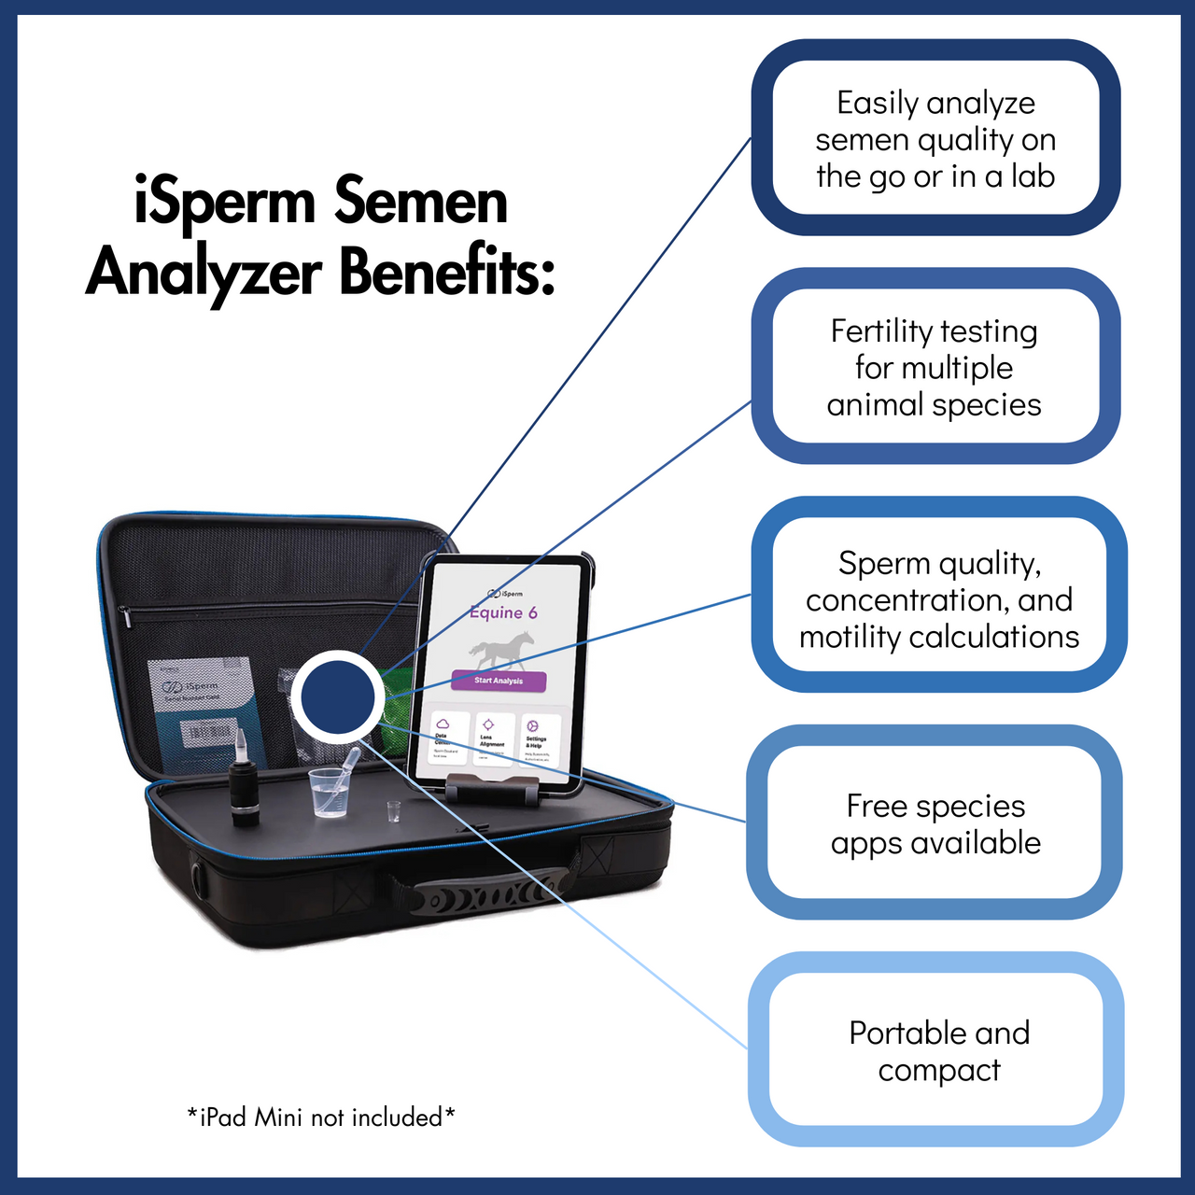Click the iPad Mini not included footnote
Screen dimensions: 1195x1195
[x=320, y=1117]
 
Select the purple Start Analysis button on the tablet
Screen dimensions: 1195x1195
[x=499, y=681]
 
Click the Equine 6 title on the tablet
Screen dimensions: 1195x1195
[x=503, y=612]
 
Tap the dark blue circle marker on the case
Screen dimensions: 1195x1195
[x=338, y=696]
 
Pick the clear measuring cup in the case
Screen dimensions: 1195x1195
[x=329, y=793]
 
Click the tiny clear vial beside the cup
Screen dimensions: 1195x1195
[x=393, y=811]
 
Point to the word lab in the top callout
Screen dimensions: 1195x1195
[x=1033, y=176]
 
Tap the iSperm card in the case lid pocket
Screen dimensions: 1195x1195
[x=201, y=700]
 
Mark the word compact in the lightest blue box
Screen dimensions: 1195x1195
[x=938, y=1071]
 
